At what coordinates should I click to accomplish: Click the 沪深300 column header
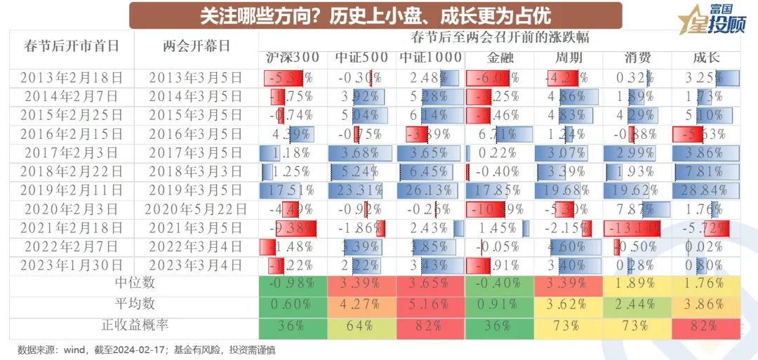293,58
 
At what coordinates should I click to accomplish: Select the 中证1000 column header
430,58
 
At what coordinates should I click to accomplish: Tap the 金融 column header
500,58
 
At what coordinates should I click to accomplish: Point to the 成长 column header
705,58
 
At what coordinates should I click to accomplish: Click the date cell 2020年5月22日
196,208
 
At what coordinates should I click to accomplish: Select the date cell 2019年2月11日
72,190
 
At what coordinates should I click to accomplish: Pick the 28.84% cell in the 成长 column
705,190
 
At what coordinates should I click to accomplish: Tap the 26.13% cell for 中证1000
430,190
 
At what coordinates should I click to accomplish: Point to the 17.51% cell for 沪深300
293,190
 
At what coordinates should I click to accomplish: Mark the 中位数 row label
133,283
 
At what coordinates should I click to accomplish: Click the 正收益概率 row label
133,325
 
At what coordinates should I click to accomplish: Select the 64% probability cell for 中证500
361,326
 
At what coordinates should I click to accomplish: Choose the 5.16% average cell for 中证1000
430,305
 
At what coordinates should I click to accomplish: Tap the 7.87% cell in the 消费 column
637,208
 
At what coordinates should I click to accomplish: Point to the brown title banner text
375,15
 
